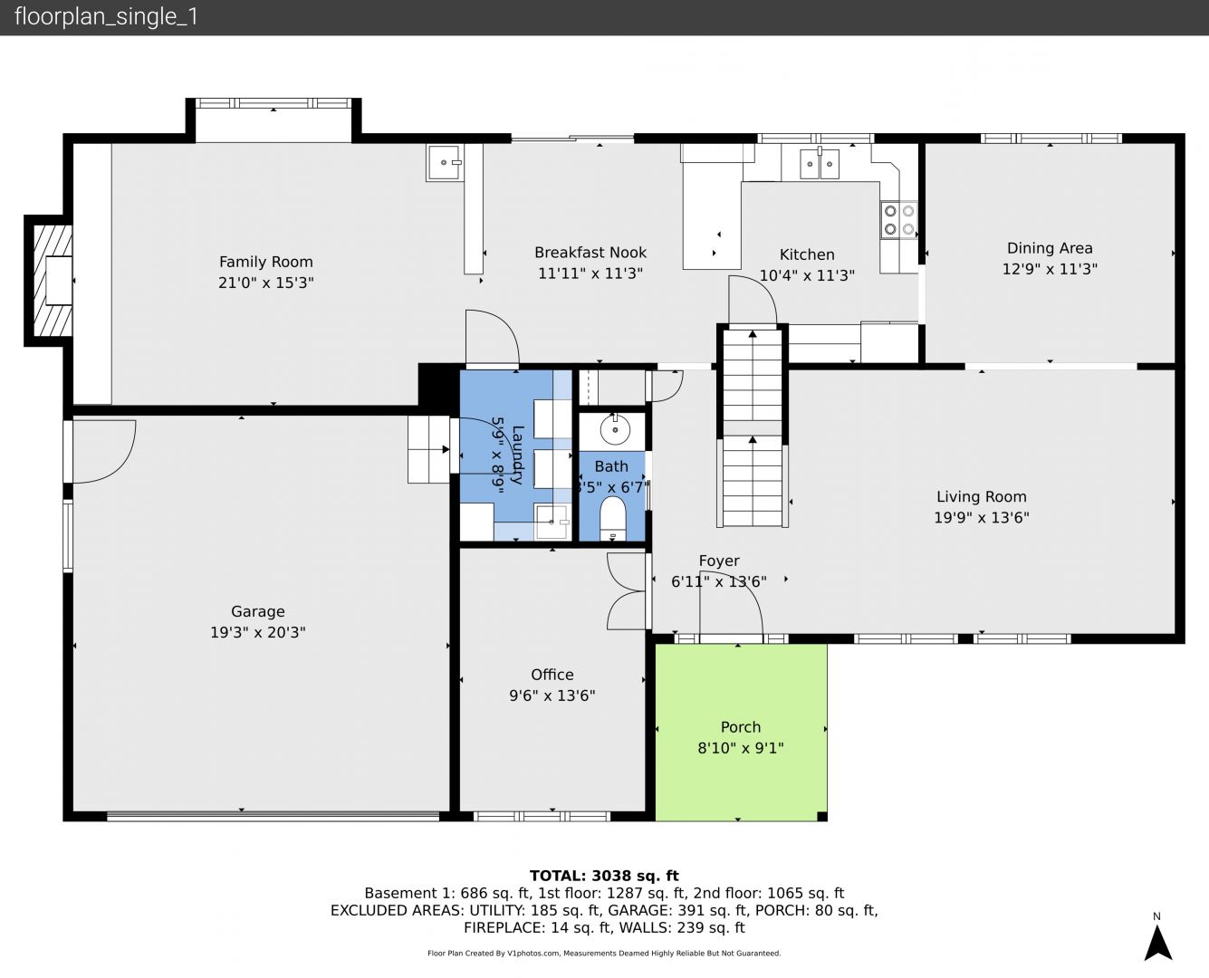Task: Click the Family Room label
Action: [x=265, y=262]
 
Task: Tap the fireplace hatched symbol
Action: [x=53, y=281]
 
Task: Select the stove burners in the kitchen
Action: [x=899, y=220]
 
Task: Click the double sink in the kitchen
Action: [x=819, y=164]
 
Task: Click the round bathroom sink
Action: [x=615, y=429]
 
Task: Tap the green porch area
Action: [x=741, y=733]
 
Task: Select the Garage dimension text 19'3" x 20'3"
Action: [x=258, y=632]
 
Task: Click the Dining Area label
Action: [x=1050, y=248]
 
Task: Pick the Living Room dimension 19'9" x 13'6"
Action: [x=982, y=518]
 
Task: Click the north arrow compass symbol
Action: [x=1158, y=941]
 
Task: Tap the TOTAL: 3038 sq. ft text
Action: [x=604, y=876]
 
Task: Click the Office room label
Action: [x=552, y=675]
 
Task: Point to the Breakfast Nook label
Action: [x=590, y=253]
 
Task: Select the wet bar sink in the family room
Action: [x=444, y=162]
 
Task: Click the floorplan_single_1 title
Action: [x=106, y=17]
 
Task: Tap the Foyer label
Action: [x=718, y=561]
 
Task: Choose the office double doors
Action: [x=626, y=591]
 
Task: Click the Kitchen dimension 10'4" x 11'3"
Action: [x=807, y=275]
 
